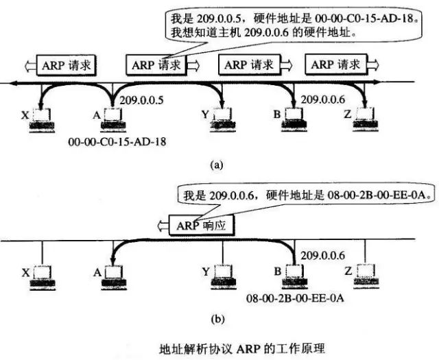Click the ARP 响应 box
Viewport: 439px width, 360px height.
coord(195,224)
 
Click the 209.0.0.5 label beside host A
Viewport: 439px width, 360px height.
coord(141,100)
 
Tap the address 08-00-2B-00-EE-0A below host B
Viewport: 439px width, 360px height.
coord(297,298)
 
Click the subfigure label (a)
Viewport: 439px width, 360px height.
coord(218,165)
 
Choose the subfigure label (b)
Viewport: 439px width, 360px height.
coord(218,319)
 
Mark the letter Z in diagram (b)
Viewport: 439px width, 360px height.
coord(348,272)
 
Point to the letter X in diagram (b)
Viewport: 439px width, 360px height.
coord(25,273)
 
